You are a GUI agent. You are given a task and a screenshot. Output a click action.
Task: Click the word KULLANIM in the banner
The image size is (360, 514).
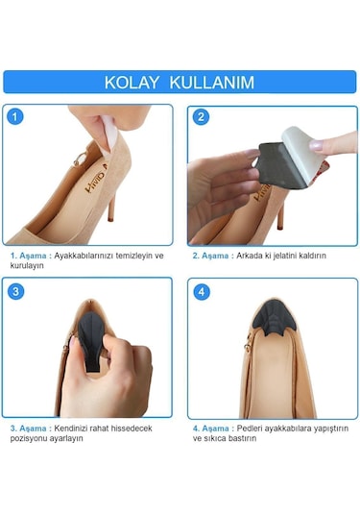(x=212, y=83)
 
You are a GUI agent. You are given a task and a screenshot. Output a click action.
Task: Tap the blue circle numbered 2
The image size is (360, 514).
(x=201, y=117)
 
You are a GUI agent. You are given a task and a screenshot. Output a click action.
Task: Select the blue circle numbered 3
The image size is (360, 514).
(x=16, y=291)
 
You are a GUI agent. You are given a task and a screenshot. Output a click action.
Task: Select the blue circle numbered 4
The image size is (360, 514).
(x=201, y=291)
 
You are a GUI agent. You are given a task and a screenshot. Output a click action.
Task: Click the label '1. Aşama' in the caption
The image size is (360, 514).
(x=30, y=256)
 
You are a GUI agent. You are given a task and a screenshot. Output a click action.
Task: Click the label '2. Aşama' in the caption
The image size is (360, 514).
(x=214, y=256)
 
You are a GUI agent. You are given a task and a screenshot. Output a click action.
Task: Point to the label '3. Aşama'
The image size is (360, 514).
(x=30, y=428)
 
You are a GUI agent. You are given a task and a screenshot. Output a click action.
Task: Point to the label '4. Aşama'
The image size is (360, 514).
(x=214, y=428)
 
